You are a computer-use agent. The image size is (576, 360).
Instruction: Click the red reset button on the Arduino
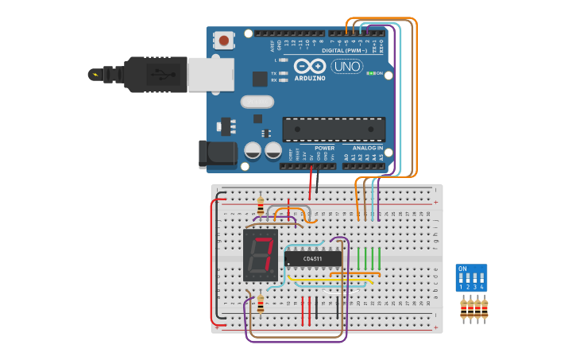pos(224,40)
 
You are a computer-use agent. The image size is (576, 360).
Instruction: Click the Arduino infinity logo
pos(309,66)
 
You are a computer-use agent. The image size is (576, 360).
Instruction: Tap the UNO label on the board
pos(347,66)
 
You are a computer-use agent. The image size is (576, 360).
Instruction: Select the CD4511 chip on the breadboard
pos(313,258)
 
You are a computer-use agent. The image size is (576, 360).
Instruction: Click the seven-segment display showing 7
pos(260,255)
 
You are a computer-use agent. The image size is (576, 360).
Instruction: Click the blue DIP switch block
pos(471,277)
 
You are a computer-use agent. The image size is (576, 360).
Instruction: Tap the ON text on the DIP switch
pos(463,269)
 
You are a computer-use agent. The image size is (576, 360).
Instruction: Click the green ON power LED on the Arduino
pos(370,73)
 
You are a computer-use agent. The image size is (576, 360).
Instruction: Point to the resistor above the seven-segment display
pos(261,207)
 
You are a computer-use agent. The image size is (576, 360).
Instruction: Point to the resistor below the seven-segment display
pos(261,304)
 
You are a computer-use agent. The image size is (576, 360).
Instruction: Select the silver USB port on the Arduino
pos(211,74)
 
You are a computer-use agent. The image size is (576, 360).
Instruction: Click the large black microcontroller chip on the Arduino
pos(334,130)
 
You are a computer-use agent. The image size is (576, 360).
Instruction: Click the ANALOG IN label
pos(368,148)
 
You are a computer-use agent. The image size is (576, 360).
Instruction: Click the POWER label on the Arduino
pos(324,148)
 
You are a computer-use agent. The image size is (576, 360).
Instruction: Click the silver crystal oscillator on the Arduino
pos(257,102)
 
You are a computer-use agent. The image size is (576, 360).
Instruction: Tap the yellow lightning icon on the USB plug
pos(95,75)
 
